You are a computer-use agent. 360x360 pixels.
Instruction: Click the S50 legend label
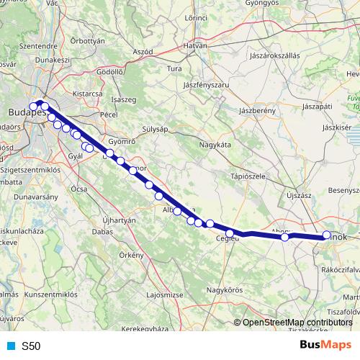[x=31, y=346]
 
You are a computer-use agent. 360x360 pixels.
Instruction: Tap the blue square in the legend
[x=11, y=346]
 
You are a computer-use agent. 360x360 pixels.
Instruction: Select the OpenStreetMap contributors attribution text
[x=297, y=323]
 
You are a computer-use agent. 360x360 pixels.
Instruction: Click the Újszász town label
[x=298, y=195]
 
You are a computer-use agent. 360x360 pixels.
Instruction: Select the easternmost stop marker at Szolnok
[x=326, y=235]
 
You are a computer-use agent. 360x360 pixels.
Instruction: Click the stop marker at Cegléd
[x=230, y=233]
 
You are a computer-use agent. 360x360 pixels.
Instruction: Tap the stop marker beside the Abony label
[x=285, y=237]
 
